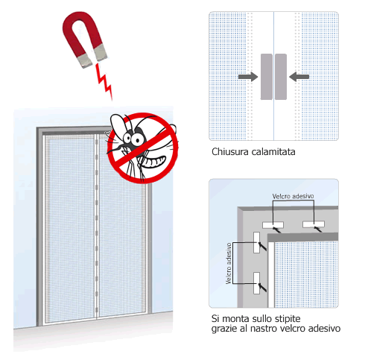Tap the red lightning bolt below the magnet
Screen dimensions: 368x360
click(104, 81)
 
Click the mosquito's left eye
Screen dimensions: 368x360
click(127, 137)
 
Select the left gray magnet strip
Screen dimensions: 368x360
click(267, 77)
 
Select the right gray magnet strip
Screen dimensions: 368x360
click(281, 77)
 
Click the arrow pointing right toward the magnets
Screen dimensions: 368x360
click(248, 77)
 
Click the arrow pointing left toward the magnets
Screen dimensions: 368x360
click(299, 77)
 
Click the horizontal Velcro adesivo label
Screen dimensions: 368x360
click(293, 196)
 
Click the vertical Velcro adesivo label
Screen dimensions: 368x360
click(229, 263)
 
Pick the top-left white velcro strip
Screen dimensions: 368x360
click(273, 225)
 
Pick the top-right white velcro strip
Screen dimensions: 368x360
click(314, 224)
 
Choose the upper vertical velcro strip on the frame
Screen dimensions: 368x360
click(256, 242)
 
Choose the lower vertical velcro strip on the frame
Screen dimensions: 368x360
click(256, 283)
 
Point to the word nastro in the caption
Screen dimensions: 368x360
click(263, 329)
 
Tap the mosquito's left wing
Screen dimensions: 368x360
click(117, 124)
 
